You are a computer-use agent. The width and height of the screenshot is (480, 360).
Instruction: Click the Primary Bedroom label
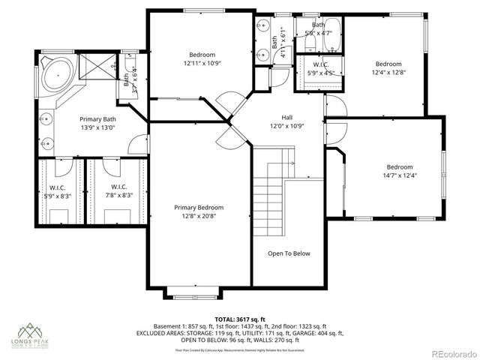(x=199, y=207)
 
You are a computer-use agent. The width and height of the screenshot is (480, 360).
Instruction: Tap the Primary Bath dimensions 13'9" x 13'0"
(x=99, y=128)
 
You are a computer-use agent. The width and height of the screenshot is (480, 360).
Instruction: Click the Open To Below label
(x=289, y=253)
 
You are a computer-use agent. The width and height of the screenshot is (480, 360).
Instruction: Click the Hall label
(x=287, y=117)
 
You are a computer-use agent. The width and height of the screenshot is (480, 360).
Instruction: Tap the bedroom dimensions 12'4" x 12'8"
(x=388, y=73)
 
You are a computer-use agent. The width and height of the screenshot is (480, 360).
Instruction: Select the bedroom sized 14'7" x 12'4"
(x=399, y=175)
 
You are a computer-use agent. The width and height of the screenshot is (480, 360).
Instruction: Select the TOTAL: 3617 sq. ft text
(x=239, y=319)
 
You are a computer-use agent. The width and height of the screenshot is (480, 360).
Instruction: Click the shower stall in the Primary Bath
(x=94, y=66)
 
